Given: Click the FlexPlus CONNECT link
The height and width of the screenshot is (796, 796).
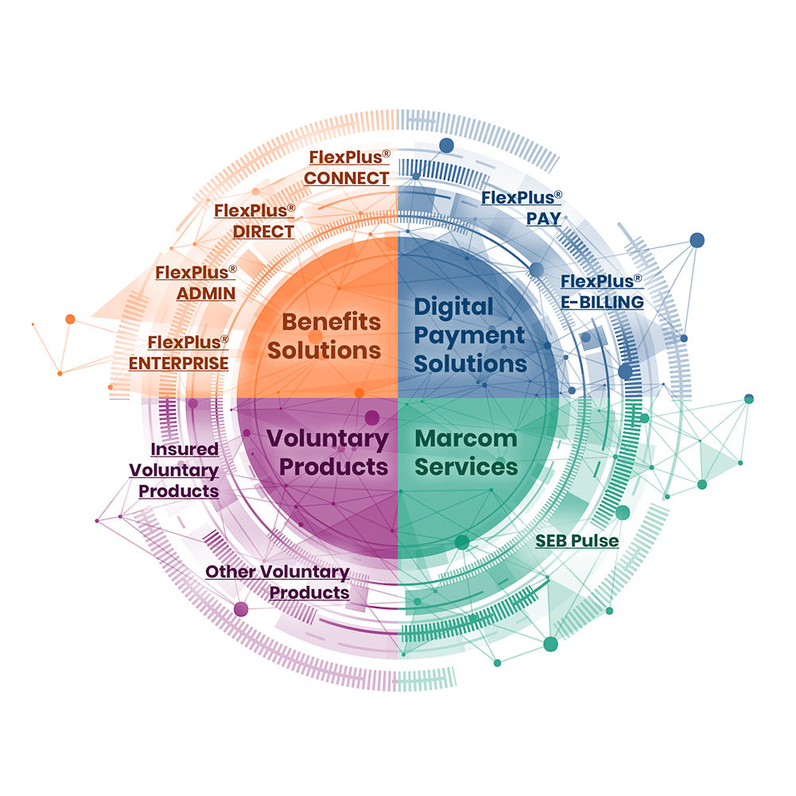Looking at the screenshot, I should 347,167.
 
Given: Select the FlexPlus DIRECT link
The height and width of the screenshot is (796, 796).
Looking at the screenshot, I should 254,221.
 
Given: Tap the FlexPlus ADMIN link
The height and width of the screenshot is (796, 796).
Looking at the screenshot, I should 196,282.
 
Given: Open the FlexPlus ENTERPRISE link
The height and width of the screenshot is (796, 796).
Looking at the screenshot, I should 179,352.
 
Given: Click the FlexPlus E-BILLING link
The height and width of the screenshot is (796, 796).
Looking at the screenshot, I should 601,292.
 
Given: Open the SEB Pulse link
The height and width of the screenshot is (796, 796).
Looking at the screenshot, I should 577,542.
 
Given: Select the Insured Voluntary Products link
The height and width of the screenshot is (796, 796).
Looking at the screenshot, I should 174,470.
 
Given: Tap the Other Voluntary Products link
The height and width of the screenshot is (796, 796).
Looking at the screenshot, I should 278,582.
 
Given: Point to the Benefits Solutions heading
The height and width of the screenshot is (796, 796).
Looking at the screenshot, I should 331,336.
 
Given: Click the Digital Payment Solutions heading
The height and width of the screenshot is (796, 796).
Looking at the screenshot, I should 470,335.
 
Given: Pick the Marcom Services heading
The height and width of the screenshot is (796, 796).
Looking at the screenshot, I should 466,452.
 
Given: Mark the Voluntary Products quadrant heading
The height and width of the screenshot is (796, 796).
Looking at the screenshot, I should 327,452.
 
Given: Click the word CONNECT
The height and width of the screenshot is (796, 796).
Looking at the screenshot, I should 347,178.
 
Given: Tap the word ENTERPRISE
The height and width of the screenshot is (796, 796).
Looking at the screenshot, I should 179,363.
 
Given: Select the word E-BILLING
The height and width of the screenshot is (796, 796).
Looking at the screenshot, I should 601,302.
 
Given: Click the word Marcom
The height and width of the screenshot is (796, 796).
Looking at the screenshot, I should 466,438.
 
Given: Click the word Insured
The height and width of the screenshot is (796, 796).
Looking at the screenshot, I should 184,449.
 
